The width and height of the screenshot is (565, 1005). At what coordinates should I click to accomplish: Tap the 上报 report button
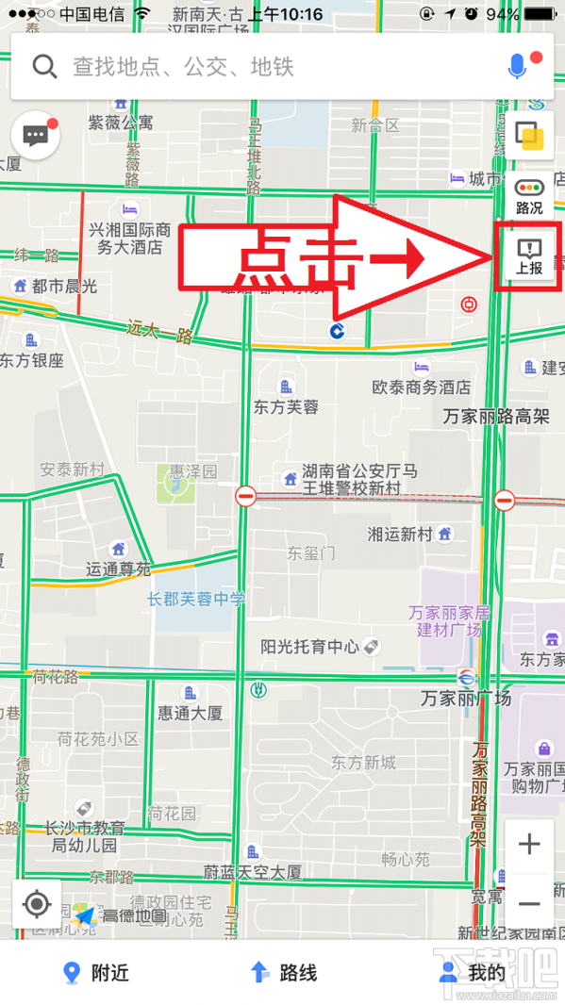point(529,255)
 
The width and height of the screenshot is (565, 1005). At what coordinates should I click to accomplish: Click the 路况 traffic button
point(529,196)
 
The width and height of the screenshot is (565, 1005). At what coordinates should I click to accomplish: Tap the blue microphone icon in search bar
point(517,66)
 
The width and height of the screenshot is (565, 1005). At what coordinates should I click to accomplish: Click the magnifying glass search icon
point(44,66)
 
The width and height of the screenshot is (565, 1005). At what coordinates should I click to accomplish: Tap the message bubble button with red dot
point(36,136)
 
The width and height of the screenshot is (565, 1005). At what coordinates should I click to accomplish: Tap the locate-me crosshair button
point(37,904)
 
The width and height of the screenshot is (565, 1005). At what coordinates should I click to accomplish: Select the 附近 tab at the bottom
point(95,973)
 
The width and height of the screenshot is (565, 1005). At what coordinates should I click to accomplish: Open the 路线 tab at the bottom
point(283,973)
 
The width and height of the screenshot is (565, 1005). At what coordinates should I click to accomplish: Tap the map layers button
point(529,136)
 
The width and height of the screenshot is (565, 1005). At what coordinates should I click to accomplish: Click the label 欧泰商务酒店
point(421,387)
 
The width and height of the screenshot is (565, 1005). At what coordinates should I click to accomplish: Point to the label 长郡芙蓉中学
point(196,599)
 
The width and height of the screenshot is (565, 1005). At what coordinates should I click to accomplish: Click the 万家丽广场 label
point(466,699)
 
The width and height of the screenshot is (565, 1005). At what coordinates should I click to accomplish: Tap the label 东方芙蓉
point(286,406)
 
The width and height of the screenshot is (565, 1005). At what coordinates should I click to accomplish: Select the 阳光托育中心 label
point(310,647)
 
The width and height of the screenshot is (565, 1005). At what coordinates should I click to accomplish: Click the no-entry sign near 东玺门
point(246,495)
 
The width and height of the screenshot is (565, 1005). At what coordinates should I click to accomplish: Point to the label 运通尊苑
point(119,568)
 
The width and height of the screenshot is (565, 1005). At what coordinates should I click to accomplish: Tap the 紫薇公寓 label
point(121,123)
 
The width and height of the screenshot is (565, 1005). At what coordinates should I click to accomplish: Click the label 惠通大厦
point(191,713)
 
